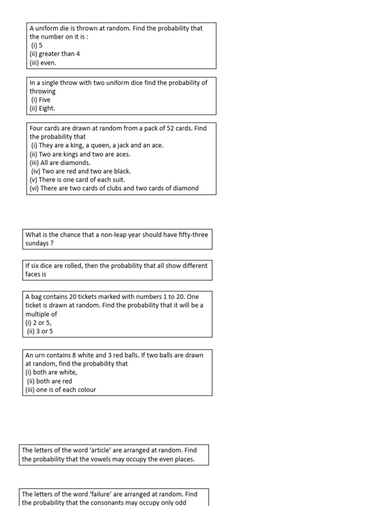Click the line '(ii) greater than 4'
click(55, 54)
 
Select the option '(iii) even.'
click(43, 63)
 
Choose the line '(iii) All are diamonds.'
click(60, 163)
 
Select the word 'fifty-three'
click(192, 235)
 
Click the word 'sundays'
click(37, 244)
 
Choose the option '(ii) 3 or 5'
click(40, 332)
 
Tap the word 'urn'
click(39, 355)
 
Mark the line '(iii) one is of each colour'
click(61, 390)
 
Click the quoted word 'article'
click(95, 450)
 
